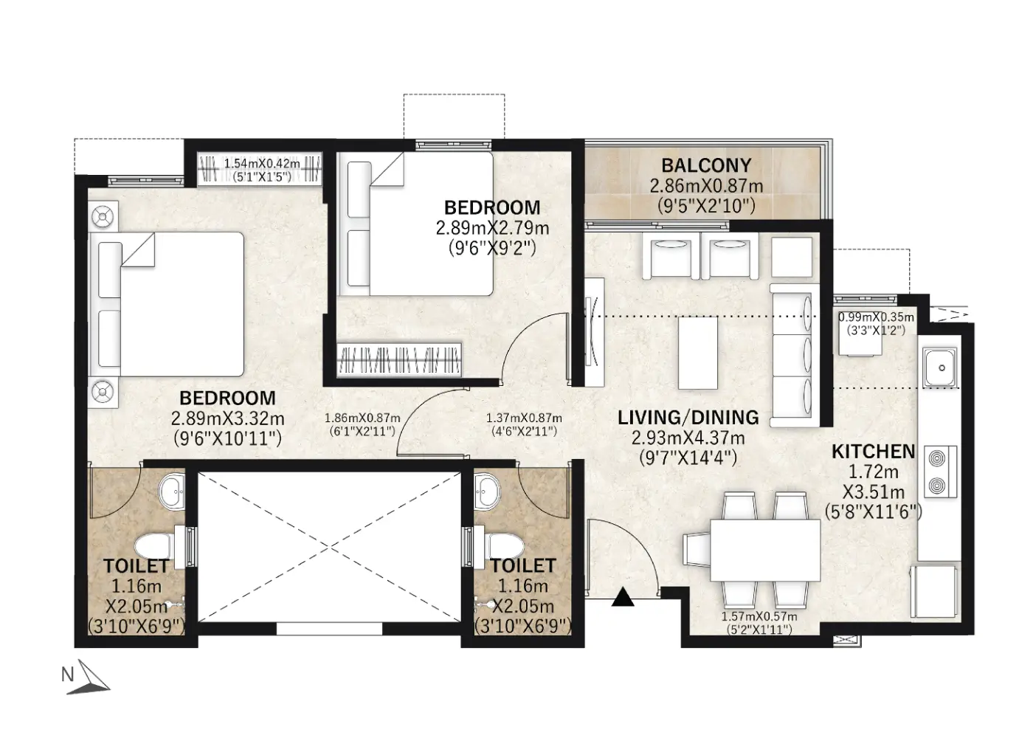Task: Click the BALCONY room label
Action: pyautogui.click(x=706, y=165)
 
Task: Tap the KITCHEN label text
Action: pyautogui.click(x=874, y=452)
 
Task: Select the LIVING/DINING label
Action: pyautogui.click(x=688, y=418)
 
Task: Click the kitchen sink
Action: pyautogui.click(x=940, y=368)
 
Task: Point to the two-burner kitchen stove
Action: pyautogui.click(x=940, y=472)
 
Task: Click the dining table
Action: pyautogui.click(x=765, y=550)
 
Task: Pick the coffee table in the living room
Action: pyautogui.click(x=698, y=353)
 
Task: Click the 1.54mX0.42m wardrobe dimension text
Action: pyautogui.click(x=262, y=164)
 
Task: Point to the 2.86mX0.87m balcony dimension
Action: pyautogui.click(x=706, y=186)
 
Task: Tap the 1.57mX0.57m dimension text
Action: pyautogui.click(x=759, y=617)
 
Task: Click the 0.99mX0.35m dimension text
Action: pyautogui.click(x=876, y=317)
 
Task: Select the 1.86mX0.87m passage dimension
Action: pyautogui.click(x=362, y=418)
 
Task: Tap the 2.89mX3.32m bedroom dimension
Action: pyautogui.click(x=227, y=418)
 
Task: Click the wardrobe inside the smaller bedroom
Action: pyautogui.click(x=399, y=359)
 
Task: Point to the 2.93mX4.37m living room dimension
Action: pyautogui.click(x=688, y=437)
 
